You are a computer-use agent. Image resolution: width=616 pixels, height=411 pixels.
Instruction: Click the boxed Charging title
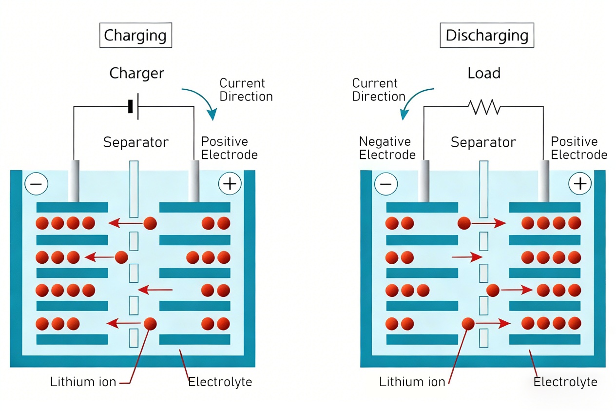135,36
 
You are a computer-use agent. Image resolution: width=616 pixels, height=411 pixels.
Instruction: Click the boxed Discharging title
487,36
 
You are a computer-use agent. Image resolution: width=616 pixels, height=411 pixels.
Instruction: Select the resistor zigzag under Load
483,107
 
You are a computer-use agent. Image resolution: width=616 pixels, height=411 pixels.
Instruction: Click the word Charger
136,74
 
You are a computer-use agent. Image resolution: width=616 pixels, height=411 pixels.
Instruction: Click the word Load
484,74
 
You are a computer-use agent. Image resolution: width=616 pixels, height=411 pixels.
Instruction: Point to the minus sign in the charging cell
37,184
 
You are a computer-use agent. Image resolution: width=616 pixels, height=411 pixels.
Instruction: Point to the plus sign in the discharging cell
579,184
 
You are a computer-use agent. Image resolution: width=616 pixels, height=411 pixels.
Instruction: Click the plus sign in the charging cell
230,184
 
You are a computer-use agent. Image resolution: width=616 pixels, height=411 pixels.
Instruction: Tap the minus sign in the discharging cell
386,184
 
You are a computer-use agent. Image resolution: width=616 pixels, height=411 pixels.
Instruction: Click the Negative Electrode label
387,148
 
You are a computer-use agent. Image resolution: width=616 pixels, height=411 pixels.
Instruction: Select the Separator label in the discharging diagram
483,142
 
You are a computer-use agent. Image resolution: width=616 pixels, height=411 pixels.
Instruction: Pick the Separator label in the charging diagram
136,142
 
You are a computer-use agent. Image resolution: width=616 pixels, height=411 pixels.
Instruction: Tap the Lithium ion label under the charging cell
83,382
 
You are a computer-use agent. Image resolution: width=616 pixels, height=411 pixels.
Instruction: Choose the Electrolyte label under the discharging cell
565,382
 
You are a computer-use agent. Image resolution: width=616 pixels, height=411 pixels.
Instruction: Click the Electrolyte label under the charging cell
220,382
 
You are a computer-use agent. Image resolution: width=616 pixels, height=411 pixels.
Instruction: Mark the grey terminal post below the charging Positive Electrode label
194,181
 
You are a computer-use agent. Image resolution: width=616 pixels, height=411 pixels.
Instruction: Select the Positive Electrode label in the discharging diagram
579,148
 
